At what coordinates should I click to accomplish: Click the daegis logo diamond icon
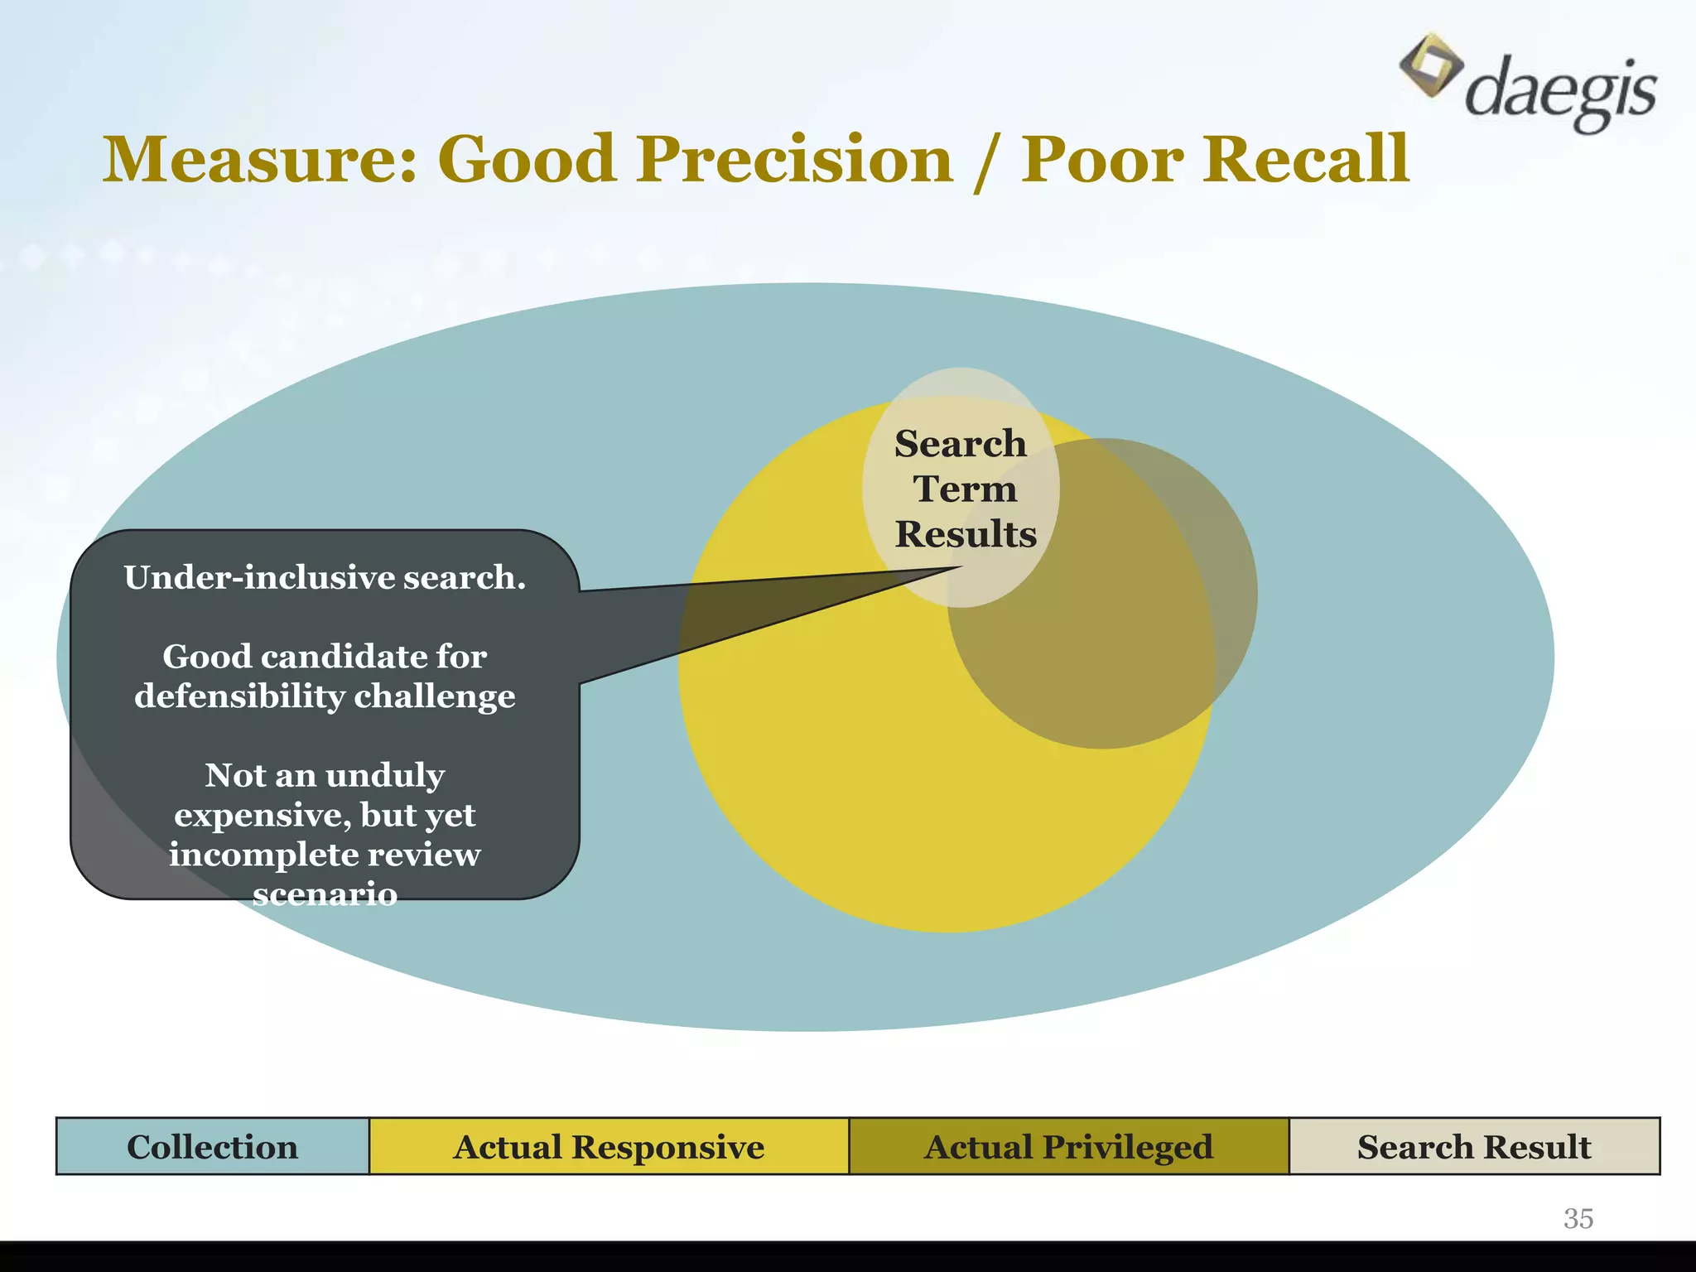point(1430,65)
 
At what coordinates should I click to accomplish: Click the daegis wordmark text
point(1560,90)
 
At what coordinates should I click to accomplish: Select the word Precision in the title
point(794,159)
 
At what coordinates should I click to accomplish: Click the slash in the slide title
point(986,161)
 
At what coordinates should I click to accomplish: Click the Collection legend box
point(213,1147)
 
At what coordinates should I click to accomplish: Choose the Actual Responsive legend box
point(609,1147)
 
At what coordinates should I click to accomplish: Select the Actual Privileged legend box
point(1068,1147)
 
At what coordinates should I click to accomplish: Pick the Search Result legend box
point(1474,1147)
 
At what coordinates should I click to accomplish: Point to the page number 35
point(1578,1218)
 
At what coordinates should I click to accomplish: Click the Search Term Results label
point(964,489)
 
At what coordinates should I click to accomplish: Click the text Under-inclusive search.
point(325,577)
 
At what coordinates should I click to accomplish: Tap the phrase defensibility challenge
point(325,696)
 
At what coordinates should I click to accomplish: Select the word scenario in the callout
point(325,894)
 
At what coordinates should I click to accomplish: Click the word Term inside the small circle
point(965,489)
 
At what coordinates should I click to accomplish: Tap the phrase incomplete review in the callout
point(325,855)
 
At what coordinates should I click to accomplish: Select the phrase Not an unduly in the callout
point(325,775)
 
